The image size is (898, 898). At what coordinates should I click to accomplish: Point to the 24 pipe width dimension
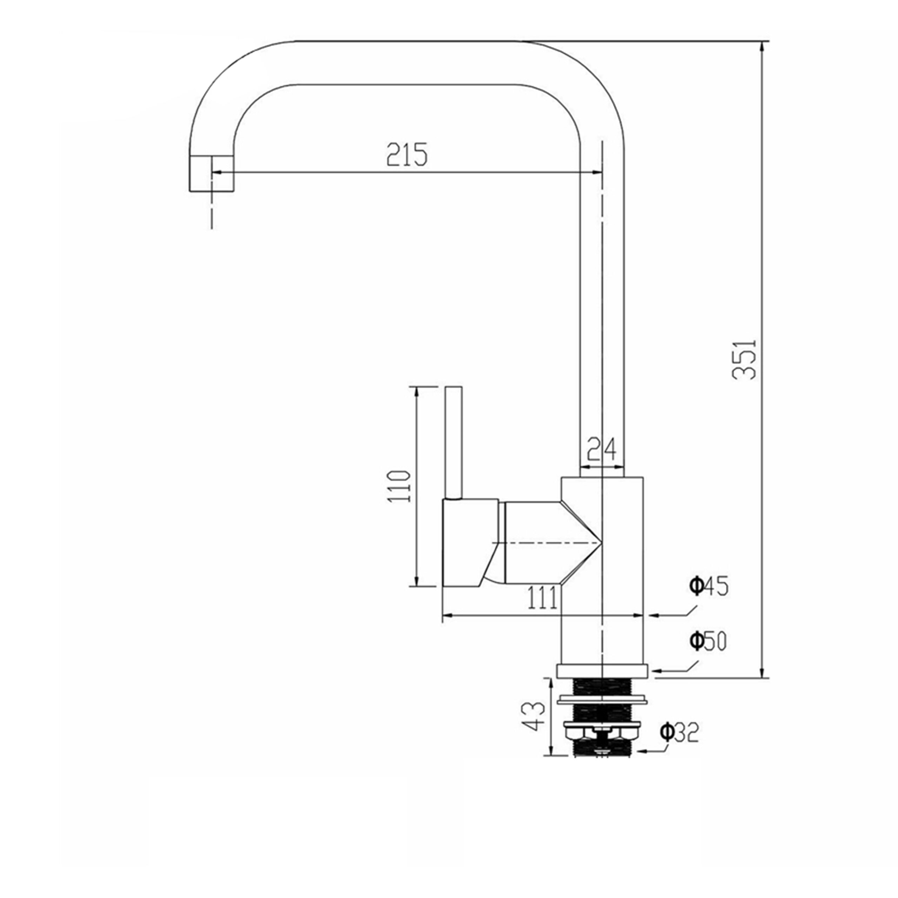602,449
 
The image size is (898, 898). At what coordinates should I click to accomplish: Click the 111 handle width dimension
542,598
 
